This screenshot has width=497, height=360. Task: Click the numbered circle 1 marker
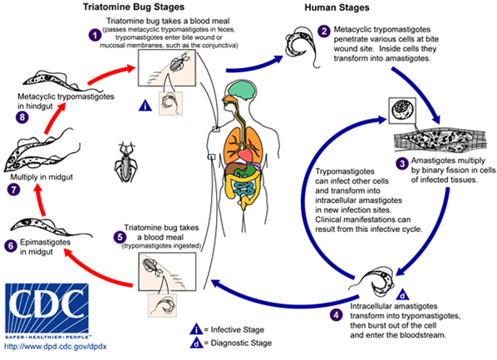click(95, 36)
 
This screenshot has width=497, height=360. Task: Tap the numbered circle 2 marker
click(323, 31)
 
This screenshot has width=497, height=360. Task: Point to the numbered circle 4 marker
click(336, 314)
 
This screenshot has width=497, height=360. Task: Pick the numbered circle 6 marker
click(11, 246)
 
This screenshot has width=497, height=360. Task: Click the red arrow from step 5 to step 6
click(83, 259)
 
